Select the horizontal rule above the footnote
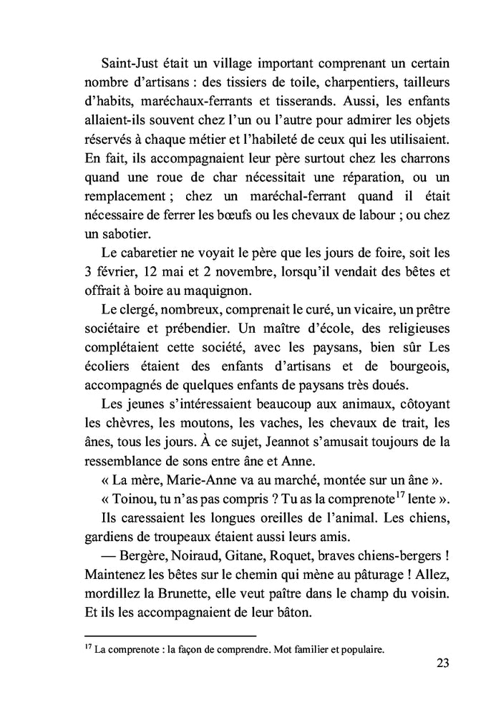tap(170, 634)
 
